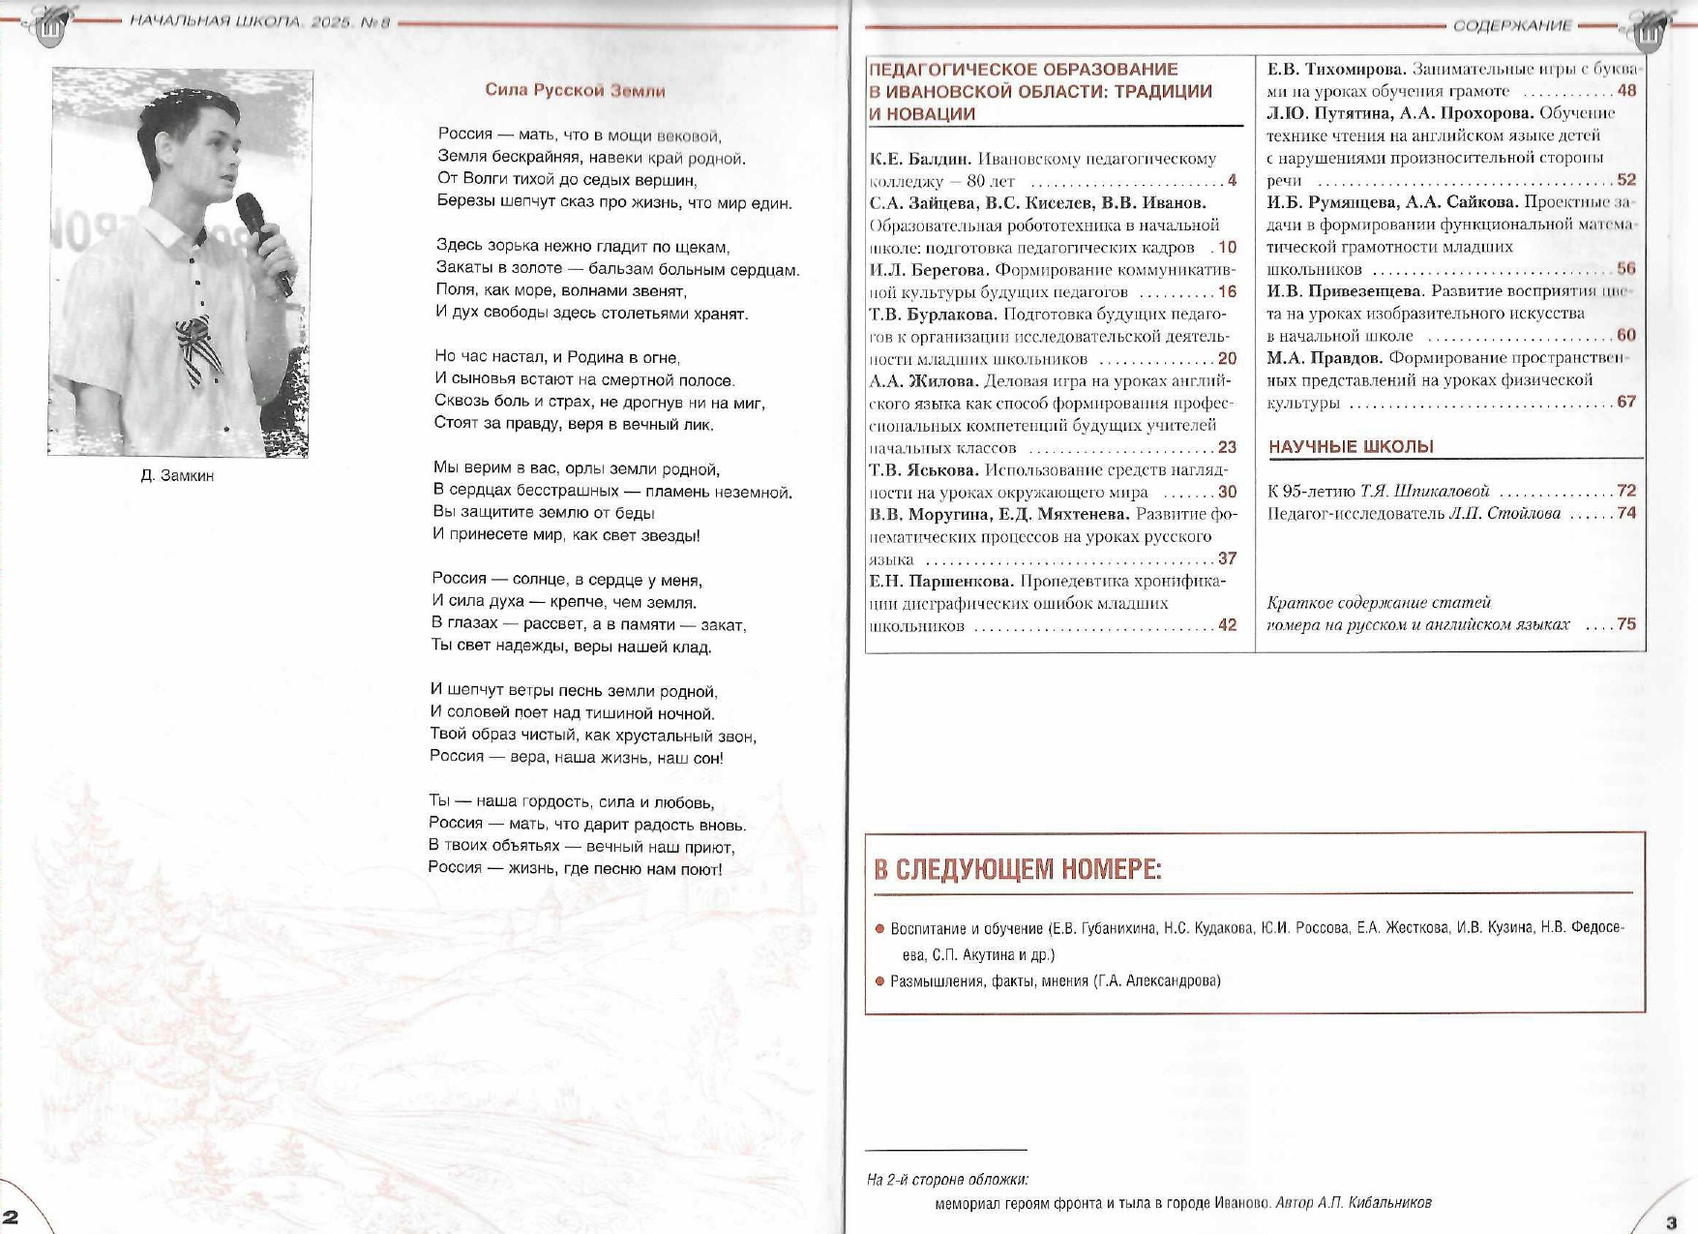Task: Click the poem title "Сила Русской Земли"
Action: click(575, 90)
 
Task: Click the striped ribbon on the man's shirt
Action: click(197, 349)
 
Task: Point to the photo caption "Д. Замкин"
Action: click(177, 475)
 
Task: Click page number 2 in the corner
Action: click(11, 1217)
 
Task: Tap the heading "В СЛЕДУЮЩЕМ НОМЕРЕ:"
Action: click(1017, 869)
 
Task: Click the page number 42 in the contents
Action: click(1227, 625)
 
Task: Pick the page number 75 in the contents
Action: click(1626, 624)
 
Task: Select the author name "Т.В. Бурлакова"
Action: click(933, 315)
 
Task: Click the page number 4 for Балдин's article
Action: click(1232, 180)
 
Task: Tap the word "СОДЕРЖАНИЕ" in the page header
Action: click(1512, 25)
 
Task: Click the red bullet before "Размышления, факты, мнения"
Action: click(879, 980)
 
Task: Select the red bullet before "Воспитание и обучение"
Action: click(879, 928)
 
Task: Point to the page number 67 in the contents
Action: click(1626, 402)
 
